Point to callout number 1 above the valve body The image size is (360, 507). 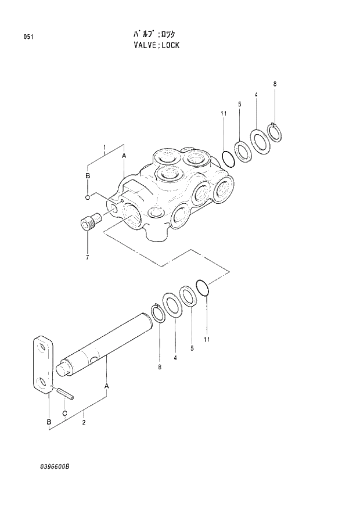pyautogui.click(x=104, y=148)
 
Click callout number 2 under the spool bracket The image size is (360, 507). pyautogui.click(x=84, y=422)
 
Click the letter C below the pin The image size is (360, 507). pyautogui.click(x=64, y=412)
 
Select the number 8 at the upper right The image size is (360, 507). pyautogui.click(x=275, y=84)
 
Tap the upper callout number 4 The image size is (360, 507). pyautogui.click(x=255, y=95)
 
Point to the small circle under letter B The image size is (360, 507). pyautogui.click(x=88, y=196)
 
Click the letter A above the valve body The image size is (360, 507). pyautogui.click(x=124, y=156)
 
